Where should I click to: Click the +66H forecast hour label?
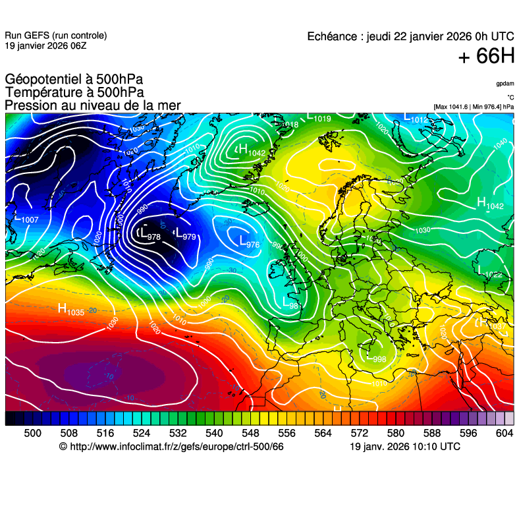[485, 57]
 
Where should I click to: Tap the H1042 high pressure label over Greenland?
[252, 151]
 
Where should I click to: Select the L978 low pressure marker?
[150, 233]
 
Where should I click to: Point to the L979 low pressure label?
[184, 233]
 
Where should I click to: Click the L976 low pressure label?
[248, 242]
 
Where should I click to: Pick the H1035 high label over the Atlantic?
[71, 309]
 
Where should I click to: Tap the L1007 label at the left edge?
[26, 217]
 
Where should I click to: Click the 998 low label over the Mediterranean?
[377, 359]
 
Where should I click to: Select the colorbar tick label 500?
[32, 432]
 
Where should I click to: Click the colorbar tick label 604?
[504, 432]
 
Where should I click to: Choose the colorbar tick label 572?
[359, 432]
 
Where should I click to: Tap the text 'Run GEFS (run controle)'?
[55, 36]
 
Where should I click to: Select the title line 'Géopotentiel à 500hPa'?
[74, 80]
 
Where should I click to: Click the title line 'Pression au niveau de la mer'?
[92, 105]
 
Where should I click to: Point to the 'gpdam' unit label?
[505, 84]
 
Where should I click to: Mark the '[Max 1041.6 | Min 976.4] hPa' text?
[474, 107]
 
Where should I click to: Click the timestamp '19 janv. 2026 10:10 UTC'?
[404, 447]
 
